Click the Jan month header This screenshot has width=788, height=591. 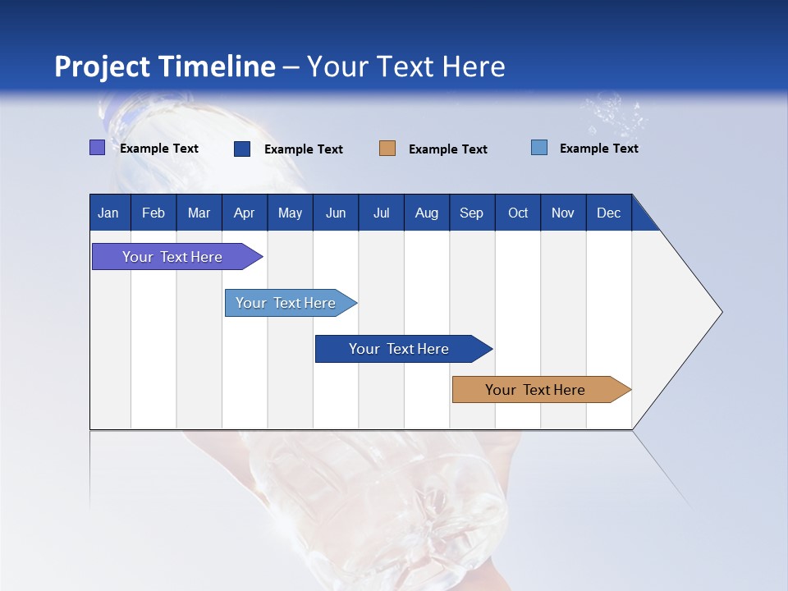point(109,213)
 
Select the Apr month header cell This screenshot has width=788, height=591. point(245,213)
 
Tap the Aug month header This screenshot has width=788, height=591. point(427,213)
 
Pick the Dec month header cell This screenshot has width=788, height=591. point(609,213)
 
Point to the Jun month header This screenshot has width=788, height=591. point(336,213)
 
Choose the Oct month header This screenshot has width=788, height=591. point(518,213)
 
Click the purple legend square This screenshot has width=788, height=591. point(97,148)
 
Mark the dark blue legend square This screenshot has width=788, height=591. point(242,149)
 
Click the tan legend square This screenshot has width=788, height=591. point(387,149)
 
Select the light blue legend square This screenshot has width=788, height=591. point(539,148)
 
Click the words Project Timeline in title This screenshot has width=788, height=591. point(164,66)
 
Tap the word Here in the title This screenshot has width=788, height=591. point(474,66)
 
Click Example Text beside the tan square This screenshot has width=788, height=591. point(448,149)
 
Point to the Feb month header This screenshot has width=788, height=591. point(153,213)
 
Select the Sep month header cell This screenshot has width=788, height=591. point(472,213)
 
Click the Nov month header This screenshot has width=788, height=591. point(563,213)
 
